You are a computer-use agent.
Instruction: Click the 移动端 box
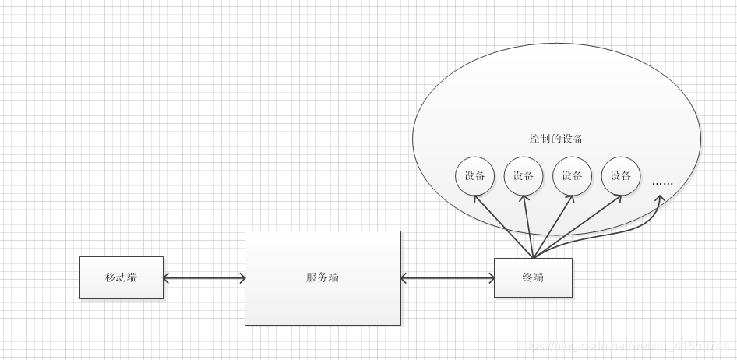click(x=122, y=277)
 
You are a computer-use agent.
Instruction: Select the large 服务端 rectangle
click(x=323, y=277)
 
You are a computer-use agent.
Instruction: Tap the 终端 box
click(x=533, y=277)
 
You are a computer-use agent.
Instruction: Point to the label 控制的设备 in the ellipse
click(x=556, y=139)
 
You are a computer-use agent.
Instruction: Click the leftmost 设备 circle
click(x=474, y=176)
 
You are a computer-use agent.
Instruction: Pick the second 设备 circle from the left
click(x=524, y=176)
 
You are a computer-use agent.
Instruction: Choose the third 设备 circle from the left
click(x=572, y=176)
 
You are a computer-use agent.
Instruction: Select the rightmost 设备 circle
click(x=621, y=176)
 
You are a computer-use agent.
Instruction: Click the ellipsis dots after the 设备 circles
click(x=662, y=184)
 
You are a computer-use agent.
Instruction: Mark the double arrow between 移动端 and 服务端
click(x=204, y=277)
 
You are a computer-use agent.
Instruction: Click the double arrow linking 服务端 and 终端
click(x=447, y=277)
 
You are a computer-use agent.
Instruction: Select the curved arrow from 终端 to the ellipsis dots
click(x=623, y=233)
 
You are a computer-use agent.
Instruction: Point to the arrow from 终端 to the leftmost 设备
click(x=503, y=226)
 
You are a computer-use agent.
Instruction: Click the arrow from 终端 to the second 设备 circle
click(x=527, y=226)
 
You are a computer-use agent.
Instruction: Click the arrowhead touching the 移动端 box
click(x=168, y=277)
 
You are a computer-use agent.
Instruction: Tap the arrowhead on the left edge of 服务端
click(x=241, y=277)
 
